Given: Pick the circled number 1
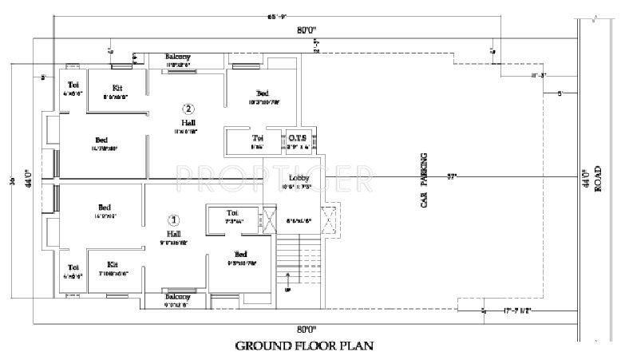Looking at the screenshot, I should [175, 219].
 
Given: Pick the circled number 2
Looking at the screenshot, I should [188, 109].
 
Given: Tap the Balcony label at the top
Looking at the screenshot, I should [177, 57].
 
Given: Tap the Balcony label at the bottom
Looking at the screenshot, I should [176, 296].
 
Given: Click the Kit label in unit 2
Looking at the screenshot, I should [117, 87].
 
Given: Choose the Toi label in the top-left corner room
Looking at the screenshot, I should [73, 85].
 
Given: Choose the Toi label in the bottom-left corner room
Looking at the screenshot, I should [73, 267].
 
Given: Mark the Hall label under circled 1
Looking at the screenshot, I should [173, 233].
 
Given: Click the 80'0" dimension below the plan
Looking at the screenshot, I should [307, 329].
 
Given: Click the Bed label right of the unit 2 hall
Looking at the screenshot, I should [262, 93].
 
